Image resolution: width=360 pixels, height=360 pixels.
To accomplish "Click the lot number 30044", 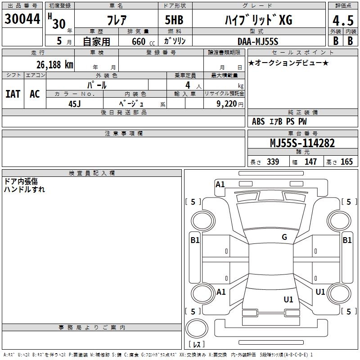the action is (x=22, y=19).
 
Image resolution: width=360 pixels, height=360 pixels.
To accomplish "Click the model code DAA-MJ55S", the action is (x=258, y=41).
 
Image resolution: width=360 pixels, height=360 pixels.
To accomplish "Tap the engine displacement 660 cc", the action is (x=138, y=41).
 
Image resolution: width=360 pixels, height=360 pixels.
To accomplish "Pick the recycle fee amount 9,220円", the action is (x=230, y=103).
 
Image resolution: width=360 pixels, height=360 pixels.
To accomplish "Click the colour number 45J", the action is (x=75, y=103).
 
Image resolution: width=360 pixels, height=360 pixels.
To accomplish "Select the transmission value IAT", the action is (x=13, y=94).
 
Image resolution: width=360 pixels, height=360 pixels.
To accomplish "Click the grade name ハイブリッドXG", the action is (x=258, y=20).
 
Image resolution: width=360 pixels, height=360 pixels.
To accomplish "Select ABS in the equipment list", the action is (x=259, y=121).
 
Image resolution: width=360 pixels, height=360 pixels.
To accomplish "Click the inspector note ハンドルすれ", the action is (x=24, y=189).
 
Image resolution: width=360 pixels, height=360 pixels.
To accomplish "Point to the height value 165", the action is (x=346, y=162).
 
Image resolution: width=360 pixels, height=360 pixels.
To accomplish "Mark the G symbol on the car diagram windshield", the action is (x=284, y=237).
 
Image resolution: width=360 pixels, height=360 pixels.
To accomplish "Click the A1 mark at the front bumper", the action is (x=220, y=184).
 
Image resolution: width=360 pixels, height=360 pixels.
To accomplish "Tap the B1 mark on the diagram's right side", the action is (x=347, y=240).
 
